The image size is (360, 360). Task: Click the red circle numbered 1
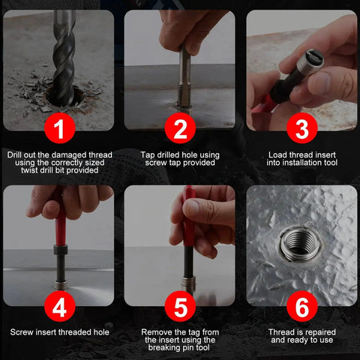click(59, 129)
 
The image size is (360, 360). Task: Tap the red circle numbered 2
click(180, 129)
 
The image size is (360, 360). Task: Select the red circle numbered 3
click(301, 129)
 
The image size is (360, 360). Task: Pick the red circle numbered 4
click(59, 306)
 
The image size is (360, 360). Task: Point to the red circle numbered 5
click(180, 306)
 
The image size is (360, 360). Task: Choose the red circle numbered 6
click(301, 306)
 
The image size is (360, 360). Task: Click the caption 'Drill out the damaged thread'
click(59, 155)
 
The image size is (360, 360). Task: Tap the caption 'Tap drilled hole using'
click(180, 155)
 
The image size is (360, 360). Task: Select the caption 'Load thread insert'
click(301, 155)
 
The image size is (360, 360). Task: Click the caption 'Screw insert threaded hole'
click(59, 331)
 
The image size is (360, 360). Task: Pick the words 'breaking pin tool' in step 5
click(180, 348)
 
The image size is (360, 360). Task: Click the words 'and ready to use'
click(301, 340)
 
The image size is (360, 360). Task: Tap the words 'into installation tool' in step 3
click(301, 163)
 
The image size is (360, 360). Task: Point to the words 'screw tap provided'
click(180, 163)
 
